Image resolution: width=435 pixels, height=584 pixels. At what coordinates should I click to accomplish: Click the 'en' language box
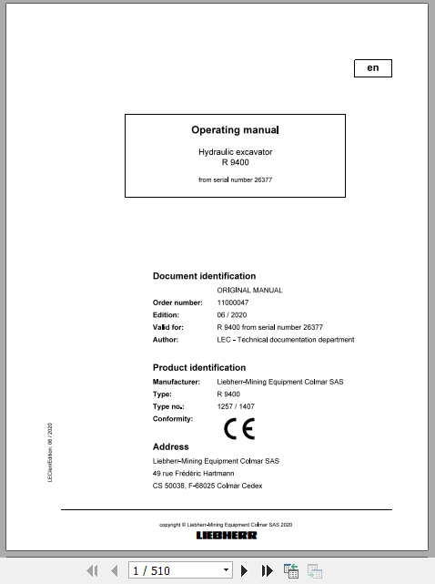click(372, 68)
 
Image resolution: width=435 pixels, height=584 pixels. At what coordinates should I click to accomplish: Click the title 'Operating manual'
click(235, 130)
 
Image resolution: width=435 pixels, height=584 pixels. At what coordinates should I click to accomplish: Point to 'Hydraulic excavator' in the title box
click(235, 151)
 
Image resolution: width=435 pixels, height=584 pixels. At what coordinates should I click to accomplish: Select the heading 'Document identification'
click(204, 276)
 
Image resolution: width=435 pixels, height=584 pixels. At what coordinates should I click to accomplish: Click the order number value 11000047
click(233, 302)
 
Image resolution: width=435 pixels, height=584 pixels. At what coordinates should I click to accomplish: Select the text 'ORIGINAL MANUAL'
click(249, 290)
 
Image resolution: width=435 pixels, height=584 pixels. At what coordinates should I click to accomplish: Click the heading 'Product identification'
click(199, 368)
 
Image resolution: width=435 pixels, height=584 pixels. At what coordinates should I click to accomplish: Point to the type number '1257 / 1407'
click(236, 406)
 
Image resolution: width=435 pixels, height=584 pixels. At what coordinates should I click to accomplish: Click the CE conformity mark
click(239, 427)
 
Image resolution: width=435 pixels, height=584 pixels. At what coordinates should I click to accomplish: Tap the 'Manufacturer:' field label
click(176, 382)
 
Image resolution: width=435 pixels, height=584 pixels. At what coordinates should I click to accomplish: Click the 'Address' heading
click(170, 447)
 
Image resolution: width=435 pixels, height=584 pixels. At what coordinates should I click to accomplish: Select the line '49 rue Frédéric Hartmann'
click(193, 474)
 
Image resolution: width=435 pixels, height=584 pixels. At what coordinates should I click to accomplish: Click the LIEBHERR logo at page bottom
click(227, 535)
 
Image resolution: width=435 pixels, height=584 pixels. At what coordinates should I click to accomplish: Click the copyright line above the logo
click(226, 525)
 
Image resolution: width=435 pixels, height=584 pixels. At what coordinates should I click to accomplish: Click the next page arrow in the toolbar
click(245, 571)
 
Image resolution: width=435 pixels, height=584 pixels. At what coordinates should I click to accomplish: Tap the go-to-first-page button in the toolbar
click(92, 571)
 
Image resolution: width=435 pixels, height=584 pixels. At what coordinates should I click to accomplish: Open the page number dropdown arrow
click(226, 571)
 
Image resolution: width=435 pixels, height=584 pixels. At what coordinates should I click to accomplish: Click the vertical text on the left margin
click(50, 451)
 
